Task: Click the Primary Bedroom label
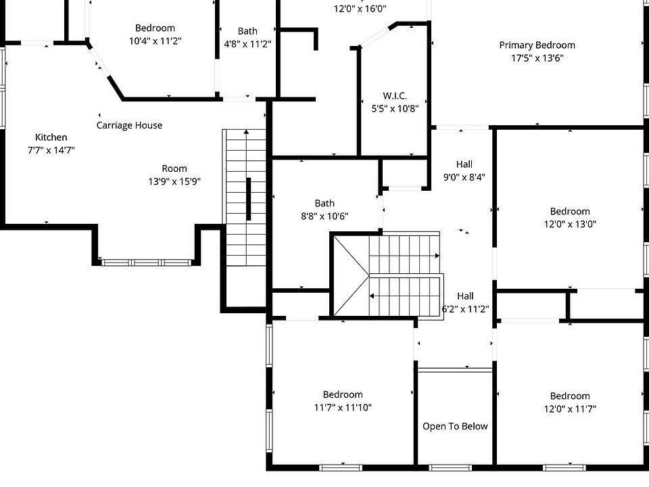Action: pyautogui.click(x=537, y=45)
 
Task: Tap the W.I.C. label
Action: pyautogui.click(x=395, y=95)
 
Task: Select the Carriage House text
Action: pyautogui.click(x=129, y=125)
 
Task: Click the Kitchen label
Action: pyautogui.click(x=51, y=137)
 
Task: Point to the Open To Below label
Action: pyautogui.click(x=455, y=426)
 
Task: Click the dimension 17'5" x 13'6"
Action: pyautogui.click(x=537, y=58)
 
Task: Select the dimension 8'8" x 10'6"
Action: pyautogui.click(x=324, y=216)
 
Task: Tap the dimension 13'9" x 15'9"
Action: pyautogui.click(x=174, y=181)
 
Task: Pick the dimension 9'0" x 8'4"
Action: pyautogui.click(x=464, y=177)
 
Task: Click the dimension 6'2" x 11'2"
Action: pyautogui.click(x=465, y=309)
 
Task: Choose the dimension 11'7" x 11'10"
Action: pyautogui.click(x=343, y=407)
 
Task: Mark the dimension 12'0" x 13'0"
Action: pyautogui.click(x=570, y=224)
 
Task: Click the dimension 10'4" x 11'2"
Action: pyautogui.click(x=155, y=41)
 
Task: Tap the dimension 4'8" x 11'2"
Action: pyautogui.click(x=247, y=44)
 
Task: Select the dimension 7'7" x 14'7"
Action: pyautogui.click(x=51, y=150)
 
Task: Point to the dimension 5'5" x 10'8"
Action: pyautogui.click(x=395, y=108)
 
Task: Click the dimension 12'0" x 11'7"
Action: pyautogui.click(x=570, y=409)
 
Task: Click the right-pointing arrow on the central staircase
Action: pyautogui.click(x=437, y=256)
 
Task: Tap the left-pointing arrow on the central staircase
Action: pyautogui.click(x=372, y=296)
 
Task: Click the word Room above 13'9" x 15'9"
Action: pyautogui.click(x=174, y=168)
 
